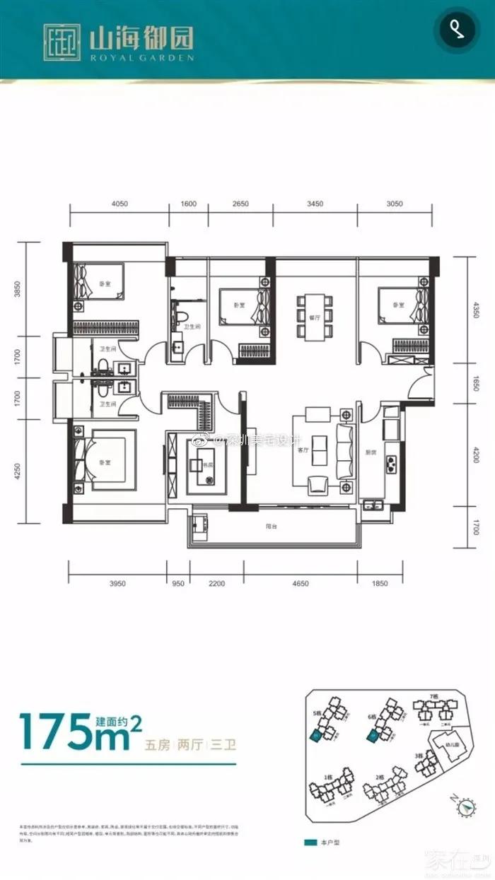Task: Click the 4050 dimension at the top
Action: [x=119, y=204]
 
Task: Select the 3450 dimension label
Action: [x=315, y=204]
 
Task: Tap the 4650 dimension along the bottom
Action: [x=301, y=584]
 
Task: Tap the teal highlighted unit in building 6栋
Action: [x=371, y=737]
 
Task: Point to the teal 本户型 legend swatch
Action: [x=309, y=843]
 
